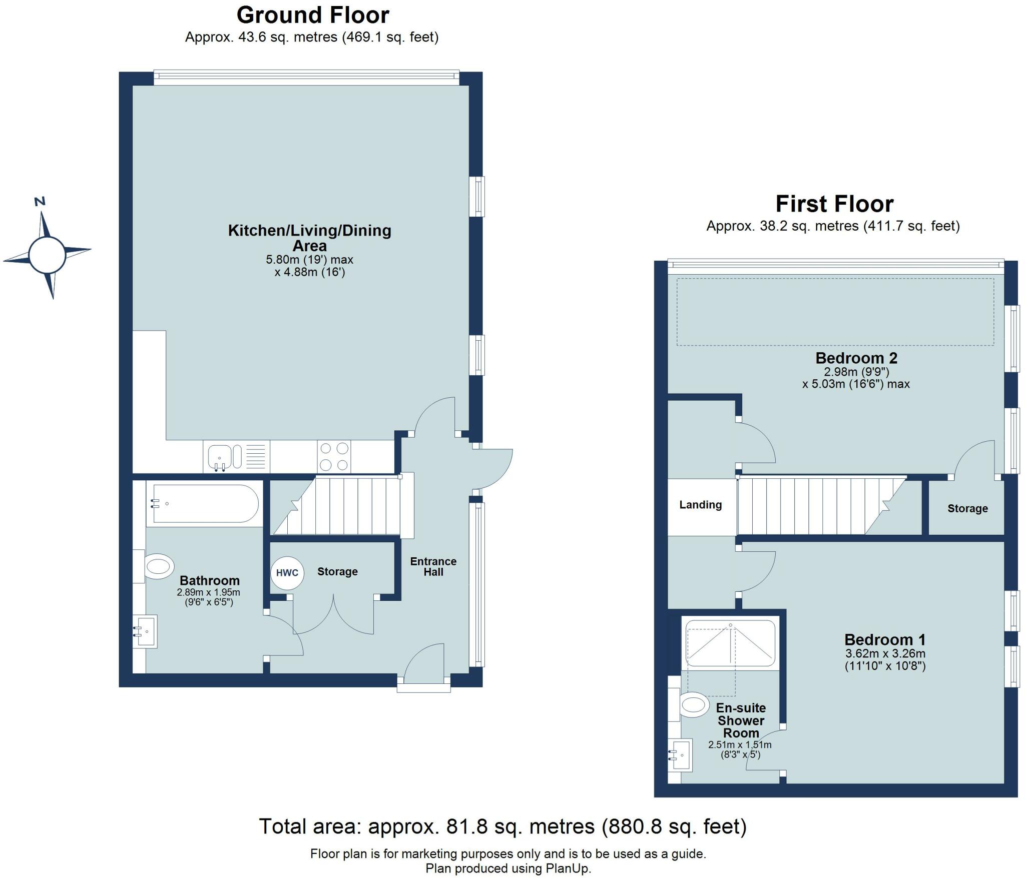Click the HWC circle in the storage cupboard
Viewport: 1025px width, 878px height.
(x=287, y=573)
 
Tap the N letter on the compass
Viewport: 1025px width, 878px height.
(x=40, y=201)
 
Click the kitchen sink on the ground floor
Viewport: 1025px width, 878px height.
(x=219, y=456)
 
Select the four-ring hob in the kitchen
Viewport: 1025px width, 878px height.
(x=334, y=456)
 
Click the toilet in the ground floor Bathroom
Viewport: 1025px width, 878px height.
(x=158, y=567)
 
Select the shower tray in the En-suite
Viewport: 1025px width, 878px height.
(x=730, y=643)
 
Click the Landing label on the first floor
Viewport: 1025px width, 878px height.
(x=700, y=505)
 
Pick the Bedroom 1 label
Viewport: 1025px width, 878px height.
(x=884, y=640)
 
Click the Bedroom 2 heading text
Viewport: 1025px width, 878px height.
(x=856, y=358)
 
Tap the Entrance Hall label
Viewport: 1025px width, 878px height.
(x=433, y=567)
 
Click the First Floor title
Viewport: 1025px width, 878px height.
(x=834, y=204)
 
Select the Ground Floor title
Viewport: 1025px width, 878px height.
(x=313, y=15)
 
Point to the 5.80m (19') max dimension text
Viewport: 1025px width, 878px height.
(x=309, y=260)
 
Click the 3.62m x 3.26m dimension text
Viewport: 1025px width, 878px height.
(x=885, y=653)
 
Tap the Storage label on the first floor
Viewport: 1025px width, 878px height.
(x=967, y=509)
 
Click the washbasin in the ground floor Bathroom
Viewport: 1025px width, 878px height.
(x=146, y=631)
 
